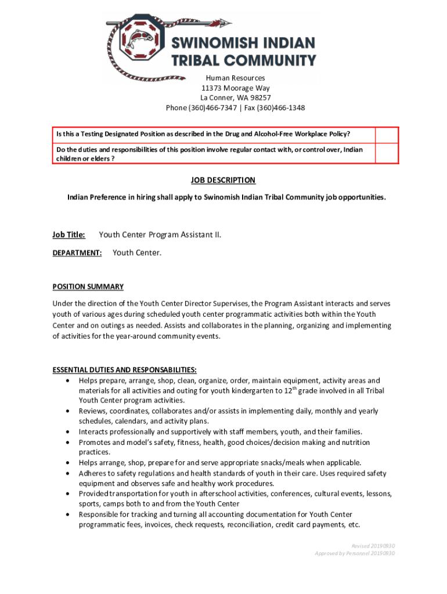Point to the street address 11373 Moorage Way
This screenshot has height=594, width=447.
[236, 88]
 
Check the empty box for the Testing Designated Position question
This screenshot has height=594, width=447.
[386, 135]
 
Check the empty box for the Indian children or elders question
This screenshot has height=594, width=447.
[386, 154]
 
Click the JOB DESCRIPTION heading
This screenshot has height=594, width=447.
[223, 180]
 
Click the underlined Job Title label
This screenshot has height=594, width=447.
[69, 235]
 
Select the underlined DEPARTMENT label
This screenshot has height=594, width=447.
[77, 253]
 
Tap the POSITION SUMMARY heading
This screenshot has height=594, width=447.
[88, 287]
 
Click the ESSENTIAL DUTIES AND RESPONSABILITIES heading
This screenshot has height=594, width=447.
[125, 370]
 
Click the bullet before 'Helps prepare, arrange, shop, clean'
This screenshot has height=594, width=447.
[69, 381]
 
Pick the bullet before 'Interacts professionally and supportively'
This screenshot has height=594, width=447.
[69, 432]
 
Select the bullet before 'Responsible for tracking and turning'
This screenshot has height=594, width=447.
[69, 515]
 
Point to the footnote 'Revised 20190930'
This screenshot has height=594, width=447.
[373, 546]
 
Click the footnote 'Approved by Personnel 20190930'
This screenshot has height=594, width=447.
[355, 553]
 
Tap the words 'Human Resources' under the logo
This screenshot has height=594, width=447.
[236, 78]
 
